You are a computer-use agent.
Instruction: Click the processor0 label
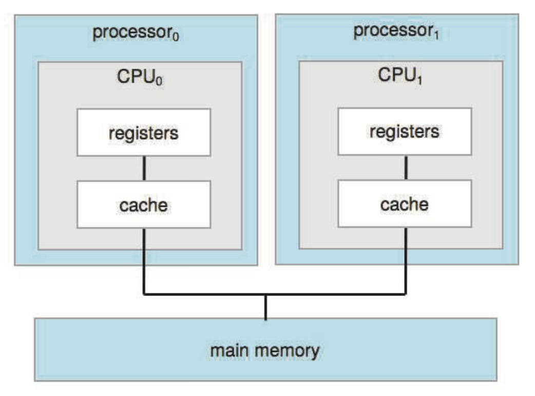(x=136, y=33)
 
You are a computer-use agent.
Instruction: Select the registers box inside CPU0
(x=144, y=132)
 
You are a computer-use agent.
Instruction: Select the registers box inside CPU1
(x=405, y=131)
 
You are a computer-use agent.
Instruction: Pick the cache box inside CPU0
(x=144, y=204)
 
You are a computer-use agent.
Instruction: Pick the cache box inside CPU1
(x=405, y=204)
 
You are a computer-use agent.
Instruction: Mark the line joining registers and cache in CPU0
(x=144, y=168)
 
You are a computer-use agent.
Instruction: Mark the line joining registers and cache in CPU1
(x=406, y=167)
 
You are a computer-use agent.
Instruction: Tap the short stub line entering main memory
(x=265, y=307)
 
